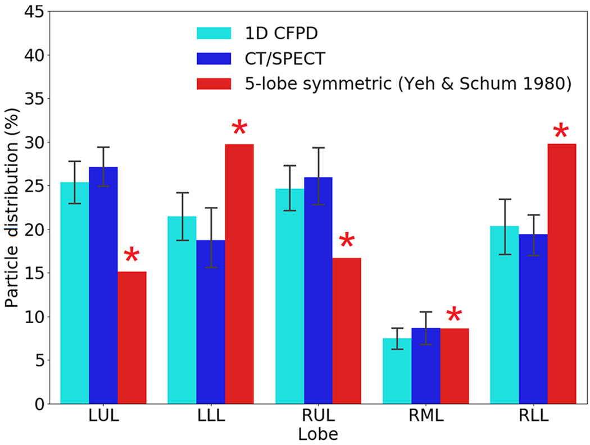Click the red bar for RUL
[347, 331]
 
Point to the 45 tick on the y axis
[33, 12]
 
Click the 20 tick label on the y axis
[33, 230]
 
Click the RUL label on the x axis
[318, 418]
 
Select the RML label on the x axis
[425, 418]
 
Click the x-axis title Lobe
[318, 434]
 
